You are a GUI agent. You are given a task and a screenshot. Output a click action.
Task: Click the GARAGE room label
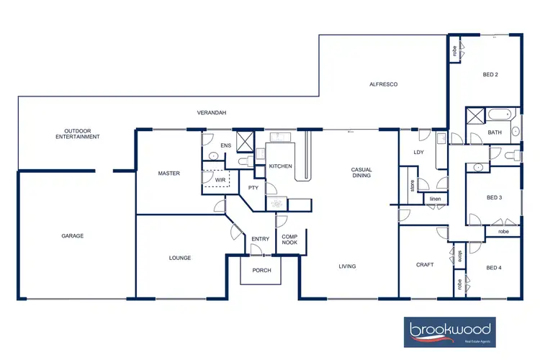click(x=72, y=236)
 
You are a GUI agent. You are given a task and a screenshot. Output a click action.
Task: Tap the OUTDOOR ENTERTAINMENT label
click(x=78, y=133)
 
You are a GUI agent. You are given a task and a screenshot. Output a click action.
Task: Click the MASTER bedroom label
click(x=168, y=174)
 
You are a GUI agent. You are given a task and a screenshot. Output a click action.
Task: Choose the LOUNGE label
click(x=179, y=258)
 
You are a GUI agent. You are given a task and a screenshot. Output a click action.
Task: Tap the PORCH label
click(x=261, y=271)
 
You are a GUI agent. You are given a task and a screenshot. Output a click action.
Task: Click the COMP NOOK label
click(x=289, y=240)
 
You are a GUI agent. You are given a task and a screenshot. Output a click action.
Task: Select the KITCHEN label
click(x=280, y=166)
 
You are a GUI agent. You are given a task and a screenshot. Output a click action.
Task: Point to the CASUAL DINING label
click(x=361, y=173)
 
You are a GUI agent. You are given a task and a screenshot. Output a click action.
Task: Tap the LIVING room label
click(x=348, y=266)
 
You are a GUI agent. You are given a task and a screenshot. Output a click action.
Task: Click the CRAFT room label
click(x=425, y=265)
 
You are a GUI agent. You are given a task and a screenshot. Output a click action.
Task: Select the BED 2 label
click(x=491, y=74)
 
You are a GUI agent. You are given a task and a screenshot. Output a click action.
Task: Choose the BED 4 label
click(x=493, y=268)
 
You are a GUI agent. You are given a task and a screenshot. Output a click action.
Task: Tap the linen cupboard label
click(x=434, y=199)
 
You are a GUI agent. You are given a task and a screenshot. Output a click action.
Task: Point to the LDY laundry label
click(x=418, y=153)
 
